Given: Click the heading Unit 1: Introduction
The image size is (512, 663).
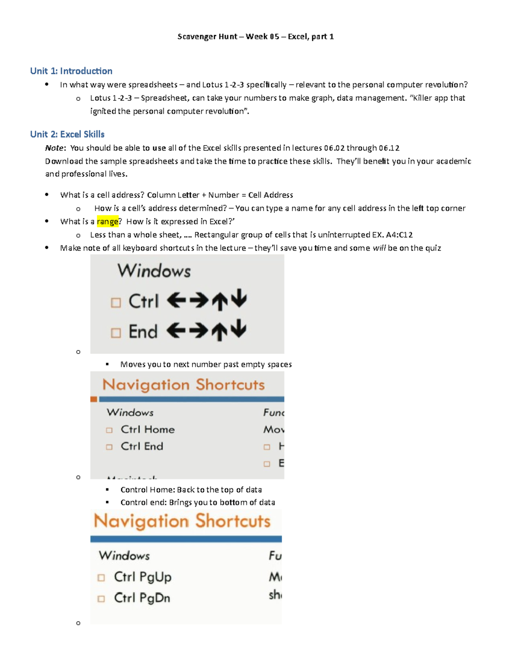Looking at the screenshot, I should coord(71,71).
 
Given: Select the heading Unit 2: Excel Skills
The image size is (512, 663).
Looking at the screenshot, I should coord(67,134).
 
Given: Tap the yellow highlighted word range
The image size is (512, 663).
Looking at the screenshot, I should coord(108,222).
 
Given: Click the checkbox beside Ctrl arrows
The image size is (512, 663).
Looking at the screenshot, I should coord(116,303).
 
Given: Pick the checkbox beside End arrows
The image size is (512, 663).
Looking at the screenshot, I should coord(116,333).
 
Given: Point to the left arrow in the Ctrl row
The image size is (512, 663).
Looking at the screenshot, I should coord(176,301).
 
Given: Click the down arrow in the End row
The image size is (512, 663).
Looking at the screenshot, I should coord(239,329).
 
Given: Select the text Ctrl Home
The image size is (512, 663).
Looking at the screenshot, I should coord(148,429).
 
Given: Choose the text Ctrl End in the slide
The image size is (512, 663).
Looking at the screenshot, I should coord(142,446).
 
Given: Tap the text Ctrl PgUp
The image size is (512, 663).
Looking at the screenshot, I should coord(143,577).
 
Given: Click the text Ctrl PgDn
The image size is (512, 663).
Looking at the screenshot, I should coord(142,598).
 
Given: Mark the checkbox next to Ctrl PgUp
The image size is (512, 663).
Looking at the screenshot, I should coord(101,578).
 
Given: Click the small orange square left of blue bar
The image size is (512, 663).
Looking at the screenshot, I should coord(94,399).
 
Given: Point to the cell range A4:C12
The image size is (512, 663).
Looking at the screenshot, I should coord(399,235).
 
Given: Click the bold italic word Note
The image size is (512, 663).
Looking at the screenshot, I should coord(55,148).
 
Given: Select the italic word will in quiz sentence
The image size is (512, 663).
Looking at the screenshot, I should coord(379,248).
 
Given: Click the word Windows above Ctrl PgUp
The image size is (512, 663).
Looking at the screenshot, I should coord(124,555).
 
